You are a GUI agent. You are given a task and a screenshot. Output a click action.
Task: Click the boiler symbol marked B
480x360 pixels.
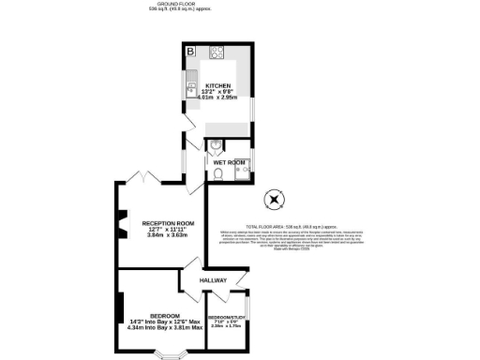[189, 51]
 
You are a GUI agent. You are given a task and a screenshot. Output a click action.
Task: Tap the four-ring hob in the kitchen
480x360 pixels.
[216, 52]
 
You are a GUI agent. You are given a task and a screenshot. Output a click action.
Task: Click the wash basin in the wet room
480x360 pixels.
[216, 146]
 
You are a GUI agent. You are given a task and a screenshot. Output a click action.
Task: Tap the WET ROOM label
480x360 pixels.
[229, 162]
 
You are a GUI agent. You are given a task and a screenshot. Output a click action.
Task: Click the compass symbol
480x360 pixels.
[274, 199]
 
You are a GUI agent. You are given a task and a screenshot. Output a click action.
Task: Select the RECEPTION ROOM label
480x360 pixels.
[167, 222]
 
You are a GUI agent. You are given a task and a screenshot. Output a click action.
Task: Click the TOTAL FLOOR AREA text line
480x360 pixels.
[291, 226]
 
